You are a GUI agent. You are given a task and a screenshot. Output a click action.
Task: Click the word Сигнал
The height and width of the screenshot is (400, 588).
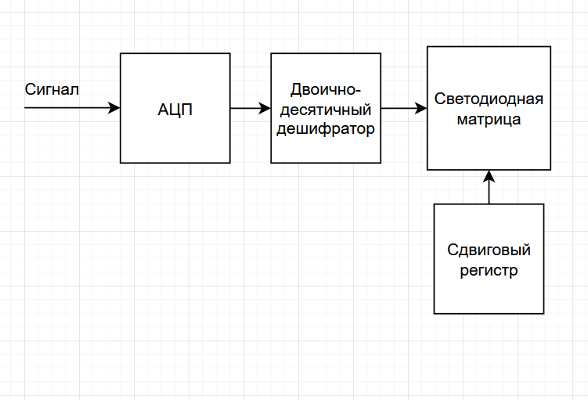[52, 89]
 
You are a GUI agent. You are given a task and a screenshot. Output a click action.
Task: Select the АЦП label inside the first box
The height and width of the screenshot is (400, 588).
[175, 109]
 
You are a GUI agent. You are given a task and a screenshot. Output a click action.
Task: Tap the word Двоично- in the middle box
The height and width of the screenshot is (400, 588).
[326, 88]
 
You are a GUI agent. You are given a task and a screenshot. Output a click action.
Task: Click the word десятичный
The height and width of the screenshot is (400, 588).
[326, 109]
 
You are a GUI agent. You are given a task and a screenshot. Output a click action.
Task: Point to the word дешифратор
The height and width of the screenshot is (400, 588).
[326, 128]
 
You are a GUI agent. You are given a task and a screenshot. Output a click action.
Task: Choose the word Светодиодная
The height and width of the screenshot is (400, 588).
[489, 100]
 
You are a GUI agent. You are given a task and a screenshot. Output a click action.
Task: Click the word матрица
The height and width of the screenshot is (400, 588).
[489, 121]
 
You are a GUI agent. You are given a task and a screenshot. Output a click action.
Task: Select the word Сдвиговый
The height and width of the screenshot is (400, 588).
[489, 250]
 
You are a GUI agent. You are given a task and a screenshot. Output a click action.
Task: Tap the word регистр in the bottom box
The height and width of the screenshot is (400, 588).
[489, 271]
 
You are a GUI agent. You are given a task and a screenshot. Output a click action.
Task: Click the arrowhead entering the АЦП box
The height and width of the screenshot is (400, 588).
[115, 108]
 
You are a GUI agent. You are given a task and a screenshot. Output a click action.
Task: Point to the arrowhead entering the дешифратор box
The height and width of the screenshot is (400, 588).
[265, 108]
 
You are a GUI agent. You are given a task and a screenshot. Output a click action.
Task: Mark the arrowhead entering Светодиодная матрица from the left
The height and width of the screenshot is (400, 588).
[421, 108]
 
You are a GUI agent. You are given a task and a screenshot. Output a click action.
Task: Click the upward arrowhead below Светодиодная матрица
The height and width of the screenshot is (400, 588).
[489, 175]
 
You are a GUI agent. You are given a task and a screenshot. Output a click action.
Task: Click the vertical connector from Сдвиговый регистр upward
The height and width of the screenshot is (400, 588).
[489, 193]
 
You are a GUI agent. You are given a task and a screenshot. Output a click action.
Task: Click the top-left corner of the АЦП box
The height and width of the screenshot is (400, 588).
[121, 53]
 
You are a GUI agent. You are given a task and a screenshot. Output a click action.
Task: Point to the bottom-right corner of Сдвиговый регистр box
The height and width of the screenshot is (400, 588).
[543, 313]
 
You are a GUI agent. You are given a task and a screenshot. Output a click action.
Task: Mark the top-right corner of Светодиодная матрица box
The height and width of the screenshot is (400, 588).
[550, 47]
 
